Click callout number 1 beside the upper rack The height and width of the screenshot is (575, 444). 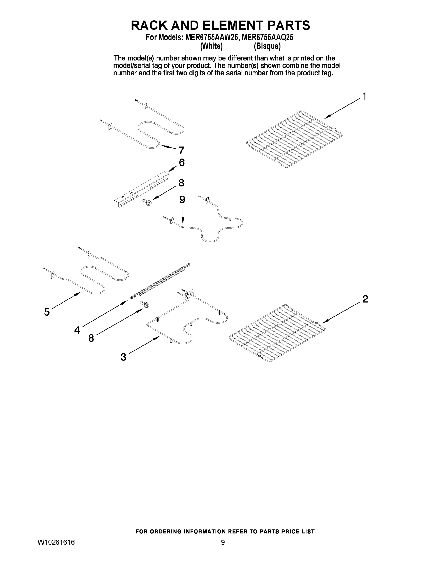364,96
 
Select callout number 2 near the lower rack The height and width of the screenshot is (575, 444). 365,299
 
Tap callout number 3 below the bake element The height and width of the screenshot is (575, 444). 123,357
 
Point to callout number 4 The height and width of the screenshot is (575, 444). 77,330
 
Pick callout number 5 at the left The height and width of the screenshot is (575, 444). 47,312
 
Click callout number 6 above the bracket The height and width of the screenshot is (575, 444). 181,162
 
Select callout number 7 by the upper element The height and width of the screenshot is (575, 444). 181,150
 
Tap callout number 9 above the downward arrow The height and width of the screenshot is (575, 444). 182,200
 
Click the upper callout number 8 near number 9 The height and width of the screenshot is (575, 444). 181,183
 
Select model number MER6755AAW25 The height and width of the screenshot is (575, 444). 212,38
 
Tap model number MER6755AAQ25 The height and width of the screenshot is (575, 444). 267,38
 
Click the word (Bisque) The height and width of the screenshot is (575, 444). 267,46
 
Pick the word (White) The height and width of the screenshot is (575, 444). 211,46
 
